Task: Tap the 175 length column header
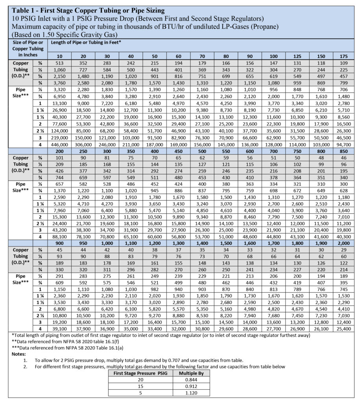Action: [344, 56]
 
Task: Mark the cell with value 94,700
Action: [344, 144]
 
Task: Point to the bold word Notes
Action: [17, 354]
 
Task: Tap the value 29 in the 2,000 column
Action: [344, 250]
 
